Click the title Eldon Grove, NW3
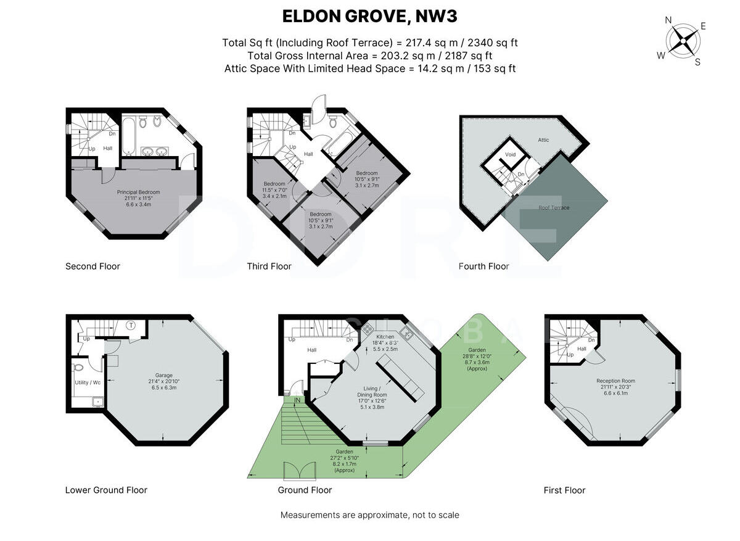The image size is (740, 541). point(369,16)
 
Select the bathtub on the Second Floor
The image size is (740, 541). point(128,136)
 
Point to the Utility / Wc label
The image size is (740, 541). point(88,382)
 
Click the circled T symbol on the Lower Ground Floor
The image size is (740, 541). point(131,325)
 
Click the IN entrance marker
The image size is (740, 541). point(297,400)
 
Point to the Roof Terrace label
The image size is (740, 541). point(554,207)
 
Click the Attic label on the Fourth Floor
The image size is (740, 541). point(543,140)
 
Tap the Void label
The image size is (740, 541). point(511,154)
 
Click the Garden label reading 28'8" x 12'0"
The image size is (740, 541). point(477,359)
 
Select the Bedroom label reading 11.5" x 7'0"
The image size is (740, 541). point(274,190)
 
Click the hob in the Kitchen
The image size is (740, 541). point(367,329)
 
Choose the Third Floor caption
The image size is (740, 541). point(269,266)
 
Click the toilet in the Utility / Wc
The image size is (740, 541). point(78,367)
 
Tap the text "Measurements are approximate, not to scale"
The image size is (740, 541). point(369,515)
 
